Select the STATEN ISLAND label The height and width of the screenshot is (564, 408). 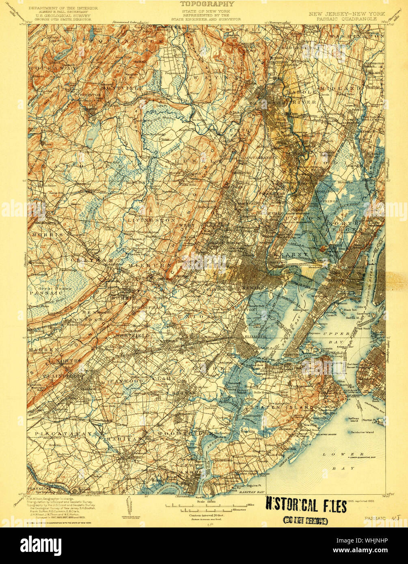(x=282, y=407)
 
